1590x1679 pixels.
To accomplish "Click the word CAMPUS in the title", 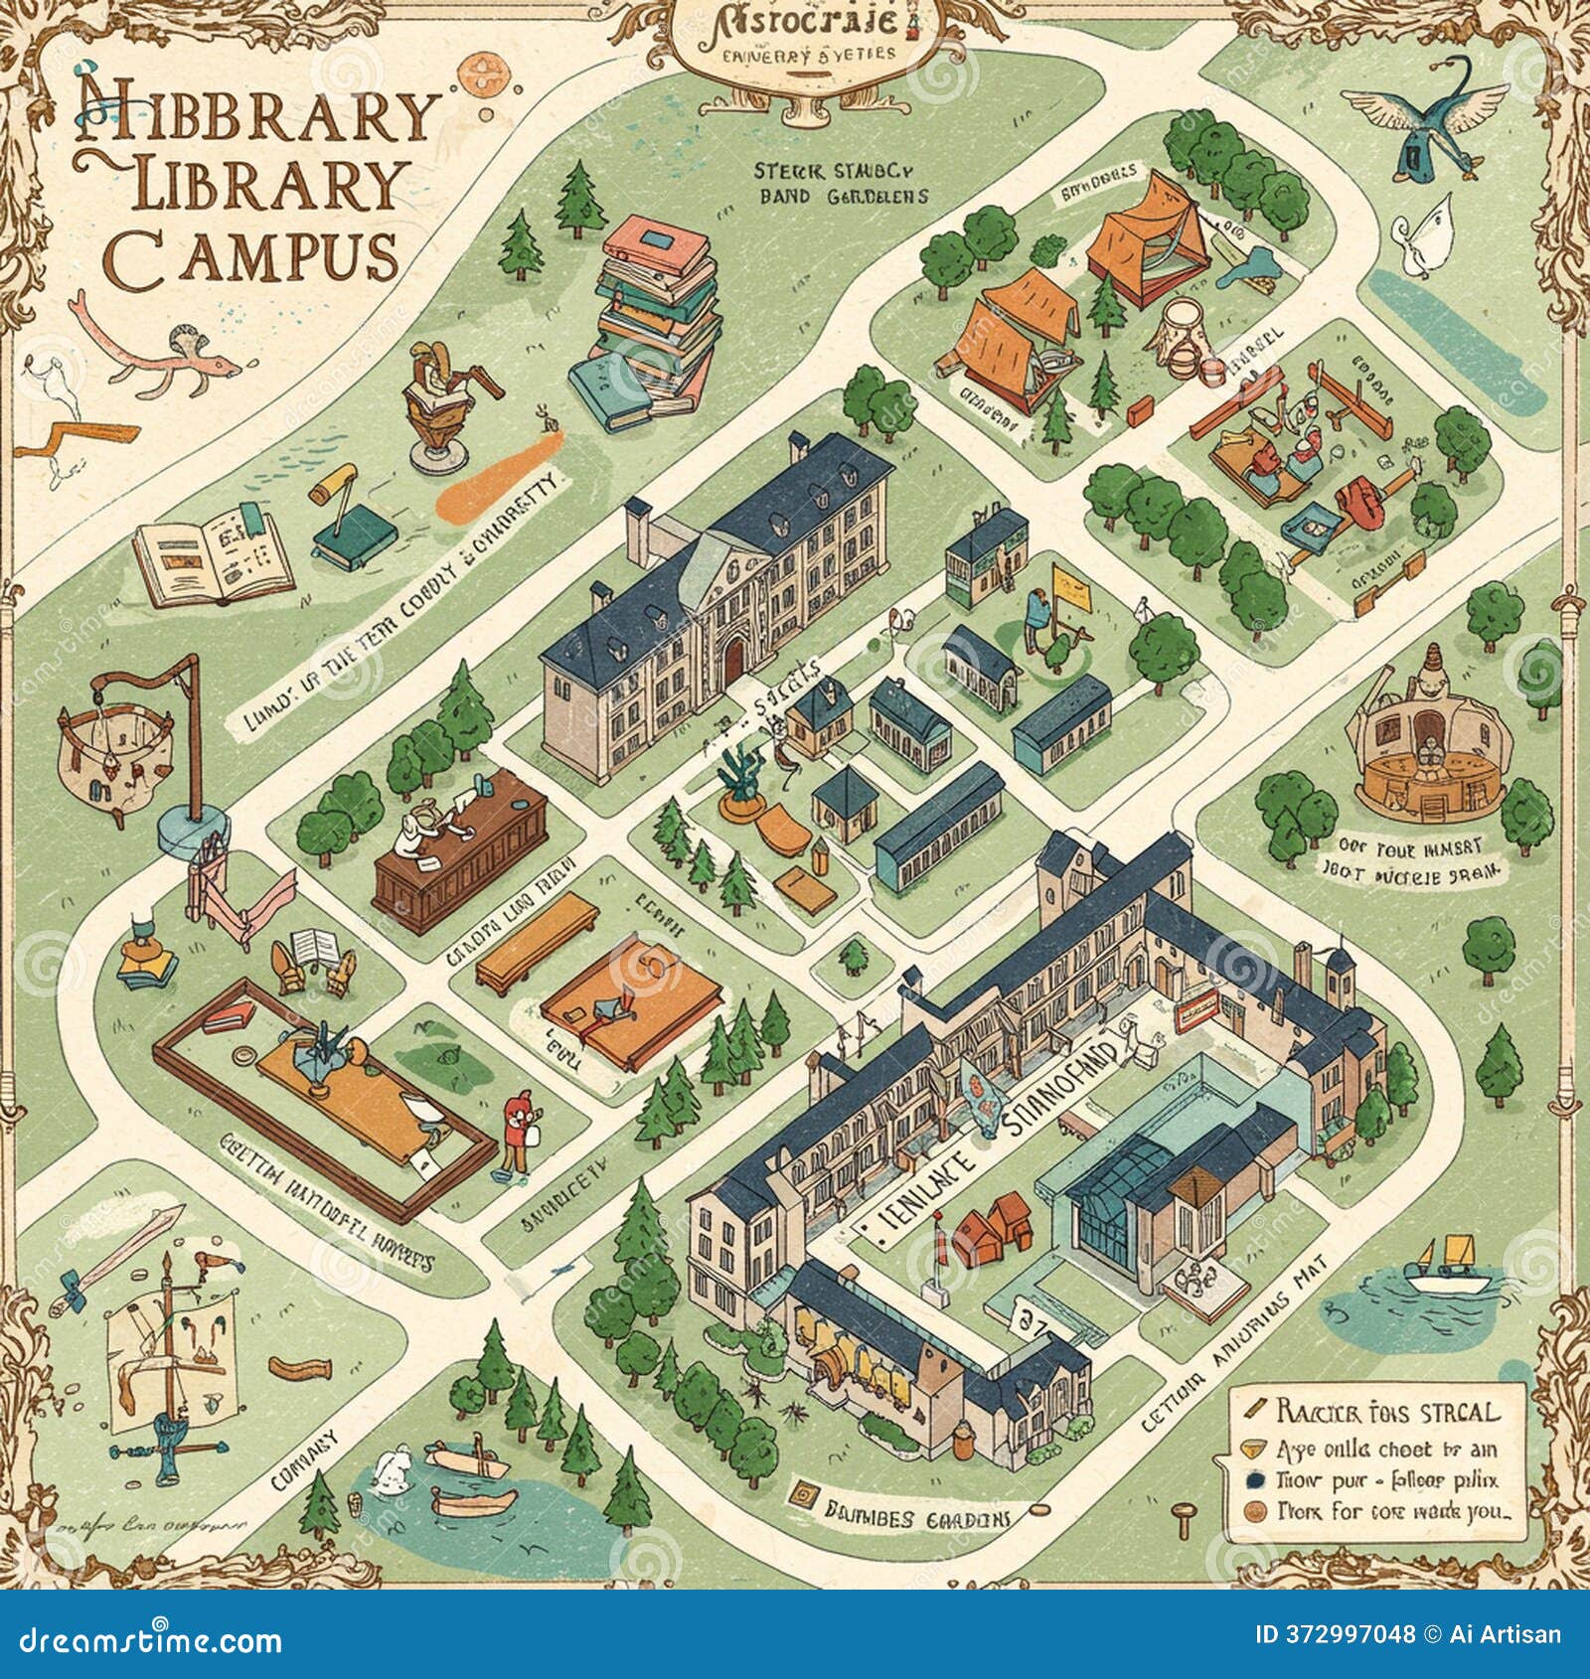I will click(x=252, y=256).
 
